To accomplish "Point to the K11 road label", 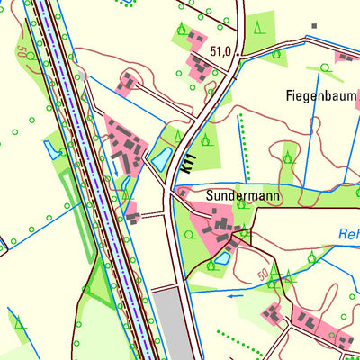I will pyautogui.click(x=187, y=164).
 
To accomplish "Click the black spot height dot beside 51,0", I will pyautogui.click(x=238, y=54).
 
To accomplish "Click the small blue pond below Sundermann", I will pyautogui.click(x=221, y=259).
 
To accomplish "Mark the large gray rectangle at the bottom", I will pyautogui.click(x=173, y=322).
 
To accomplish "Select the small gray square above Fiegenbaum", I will pyautogui.click(x=314, y=25).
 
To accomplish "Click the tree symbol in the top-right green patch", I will pyautogui.click(x=259, y=25).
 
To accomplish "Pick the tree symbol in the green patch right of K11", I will pyautogui.click(x=206, y=139).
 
